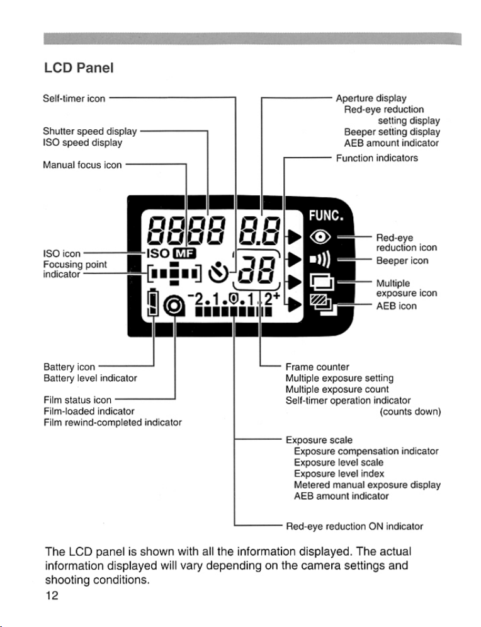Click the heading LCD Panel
point(79,67)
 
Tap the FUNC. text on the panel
point(326,216)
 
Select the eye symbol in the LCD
point(320,238)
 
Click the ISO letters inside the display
point(158,253)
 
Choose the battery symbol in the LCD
point(153,302)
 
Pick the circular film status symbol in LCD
point(174,306)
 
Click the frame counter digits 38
point(256,269)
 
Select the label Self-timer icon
point(74,98)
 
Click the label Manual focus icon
point(82,164)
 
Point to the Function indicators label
point(376,158)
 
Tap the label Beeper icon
point(402,261)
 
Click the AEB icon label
point(396,306)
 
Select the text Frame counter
point(317,367)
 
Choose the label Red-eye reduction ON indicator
point(354,526)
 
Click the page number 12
point(52,595)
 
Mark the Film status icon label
point(77,400)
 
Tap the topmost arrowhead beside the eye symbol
point(295,237)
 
